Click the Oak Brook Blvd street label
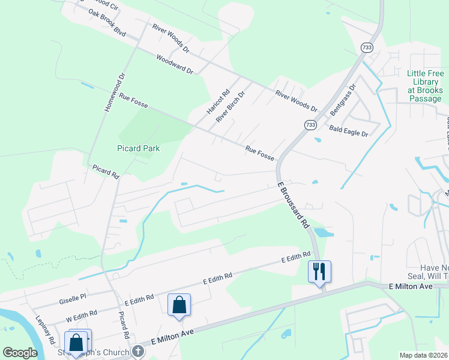click(x=106, y=22)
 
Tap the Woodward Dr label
click(x=175, y=64)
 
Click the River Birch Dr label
click(x=231, y=107)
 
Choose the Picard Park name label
click(x=138, y=148)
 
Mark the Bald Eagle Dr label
click(x=348, y=130)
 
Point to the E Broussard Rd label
click(x=294, y=205)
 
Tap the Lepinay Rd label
click(x=46, y=330)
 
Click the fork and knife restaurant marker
click(x=319, y=272)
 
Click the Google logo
click(x=20, y=353)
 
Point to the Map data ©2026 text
click(x=423, y=355)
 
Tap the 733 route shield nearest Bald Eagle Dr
click(x=310, y=124)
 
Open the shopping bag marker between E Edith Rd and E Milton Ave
click(x=179, y=305)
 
